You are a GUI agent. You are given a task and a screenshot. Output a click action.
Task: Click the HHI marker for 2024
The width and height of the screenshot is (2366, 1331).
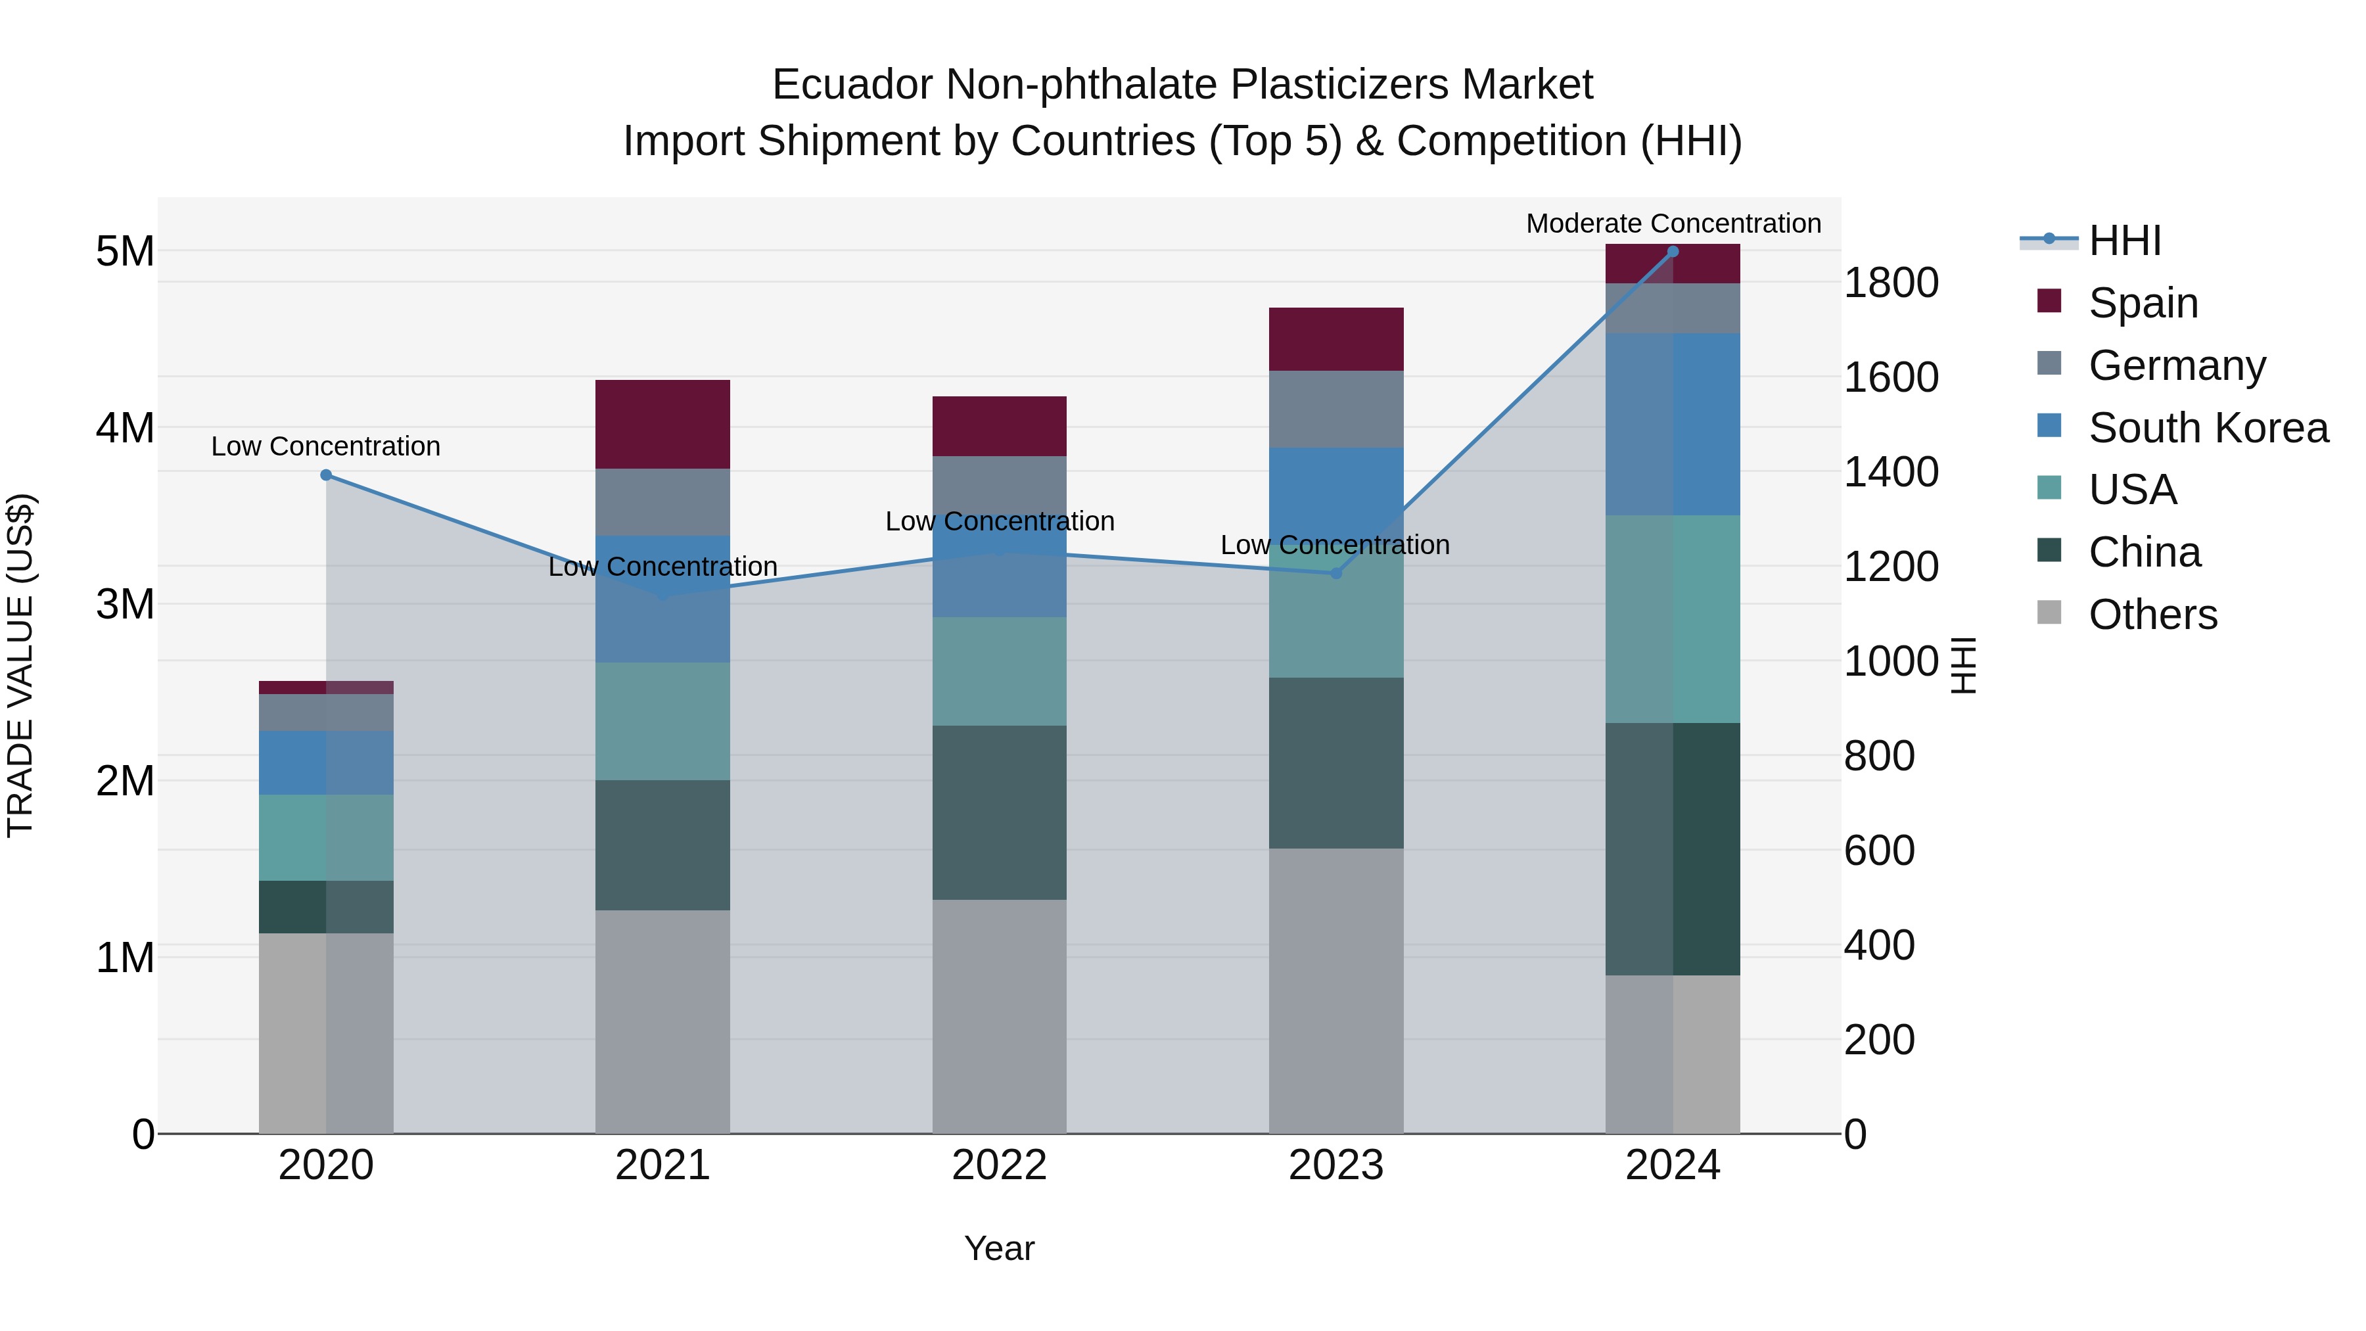pyautogui.click(x=1673, y=252)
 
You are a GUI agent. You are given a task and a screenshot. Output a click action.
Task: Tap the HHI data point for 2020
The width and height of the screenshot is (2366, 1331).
pyautogui.click(x=326, y=475)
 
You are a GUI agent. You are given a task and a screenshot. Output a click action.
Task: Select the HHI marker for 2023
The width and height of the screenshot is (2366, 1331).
pyautogui.click(x=1336, y=573)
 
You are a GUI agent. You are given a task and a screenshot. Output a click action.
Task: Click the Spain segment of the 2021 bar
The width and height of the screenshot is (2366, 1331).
pyautogui.click(x=662, y=425)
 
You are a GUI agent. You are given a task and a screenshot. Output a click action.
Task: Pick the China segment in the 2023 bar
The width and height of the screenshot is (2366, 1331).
pyautogui.click(x=1336, y=762)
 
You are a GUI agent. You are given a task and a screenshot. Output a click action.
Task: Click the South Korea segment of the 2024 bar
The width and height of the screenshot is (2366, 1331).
pyautogui.click(x=1673, y=425)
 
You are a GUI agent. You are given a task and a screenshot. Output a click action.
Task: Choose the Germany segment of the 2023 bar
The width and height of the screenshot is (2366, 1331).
pyautogui.click(x=1336, y=409)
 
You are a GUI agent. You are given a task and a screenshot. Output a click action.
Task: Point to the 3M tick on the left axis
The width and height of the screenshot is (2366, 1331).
pyautogui.click(x=125, y=605)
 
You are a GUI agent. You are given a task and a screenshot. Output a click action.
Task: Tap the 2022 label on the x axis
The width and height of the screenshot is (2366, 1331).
pyautogui.click(x=999, y=1165)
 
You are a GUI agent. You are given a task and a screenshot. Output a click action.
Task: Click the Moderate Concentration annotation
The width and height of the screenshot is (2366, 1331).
pyautogui.click(x=1673, y=223)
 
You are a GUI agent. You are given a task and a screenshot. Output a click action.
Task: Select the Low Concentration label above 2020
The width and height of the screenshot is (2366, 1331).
pyautogui.click(x=326, y=446)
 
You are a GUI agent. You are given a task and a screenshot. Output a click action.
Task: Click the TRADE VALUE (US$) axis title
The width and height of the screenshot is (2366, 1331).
pyautogui.click(x=21, y=665)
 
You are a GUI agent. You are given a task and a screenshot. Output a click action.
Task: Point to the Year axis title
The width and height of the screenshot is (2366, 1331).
pyautogui.click(x=999, y=1248)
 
